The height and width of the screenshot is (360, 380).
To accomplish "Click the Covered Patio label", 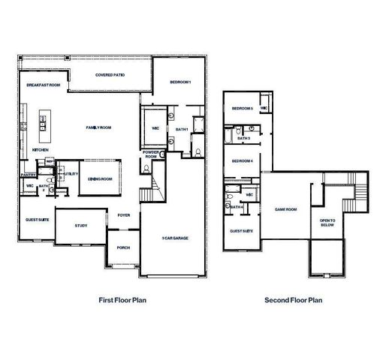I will tap(110, 76).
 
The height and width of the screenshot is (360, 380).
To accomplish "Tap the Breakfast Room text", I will tap(44, 85).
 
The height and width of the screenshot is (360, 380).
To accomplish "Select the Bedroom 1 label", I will tap(180, 81).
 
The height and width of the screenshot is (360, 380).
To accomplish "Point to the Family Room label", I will tap(98, 128).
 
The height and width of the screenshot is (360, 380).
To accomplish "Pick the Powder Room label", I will tap(150, 154).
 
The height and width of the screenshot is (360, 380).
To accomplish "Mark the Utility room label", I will tap(71, 174).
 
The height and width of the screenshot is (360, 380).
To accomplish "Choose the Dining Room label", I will tap(99, 179).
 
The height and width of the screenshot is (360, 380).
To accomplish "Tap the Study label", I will tap(80, 226).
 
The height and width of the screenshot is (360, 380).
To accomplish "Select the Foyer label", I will tap(124, 215).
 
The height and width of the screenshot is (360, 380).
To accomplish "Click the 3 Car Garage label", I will tap(175, 238).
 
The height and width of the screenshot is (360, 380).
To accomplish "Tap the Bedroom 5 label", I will tap(242, 108).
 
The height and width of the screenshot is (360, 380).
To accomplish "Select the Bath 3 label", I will tap(243, 138).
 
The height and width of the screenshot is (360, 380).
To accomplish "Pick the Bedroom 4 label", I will tap(242, 161).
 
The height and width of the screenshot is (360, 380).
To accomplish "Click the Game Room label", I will tap(287, 210).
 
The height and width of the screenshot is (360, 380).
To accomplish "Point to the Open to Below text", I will tap(327, 223).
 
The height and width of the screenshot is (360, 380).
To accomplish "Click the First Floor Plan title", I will tap(122, 300).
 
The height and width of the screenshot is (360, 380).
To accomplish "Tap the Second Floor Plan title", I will tap(293, 300).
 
